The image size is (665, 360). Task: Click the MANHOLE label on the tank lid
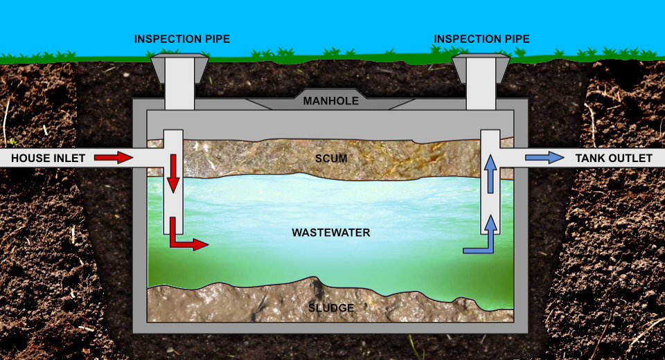pyautogui.click(x=330, y=101)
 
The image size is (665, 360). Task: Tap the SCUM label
pyautogui.click(x=330, y=159)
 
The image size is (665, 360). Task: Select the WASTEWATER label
pyautogui.click(x=330, y=233)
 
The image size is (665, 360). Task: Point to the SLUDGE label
pyautogui.click(x=330, y=307)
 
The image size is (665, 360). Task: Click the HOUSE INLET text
pyautogui.click(x=48, y=159)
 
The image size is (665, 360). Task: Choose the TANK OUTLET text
pyautogui.click(x=614, y=159)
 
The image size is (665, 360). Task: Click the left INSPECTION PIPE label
pyautogui.click(x=182, y=39)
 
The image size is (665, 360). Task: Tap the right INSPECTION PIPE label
pyautogui.click(x=481, y=39)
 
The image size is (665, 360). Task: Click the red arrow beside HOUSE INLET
pyautogui.click(x=114, y=158)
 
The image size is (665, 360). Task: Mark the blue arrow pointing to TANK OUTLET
pyautogui.click(x=544, y=158)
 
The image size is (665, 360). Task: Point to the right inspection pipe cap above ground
pyautogui.click(x=481, y=69)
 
